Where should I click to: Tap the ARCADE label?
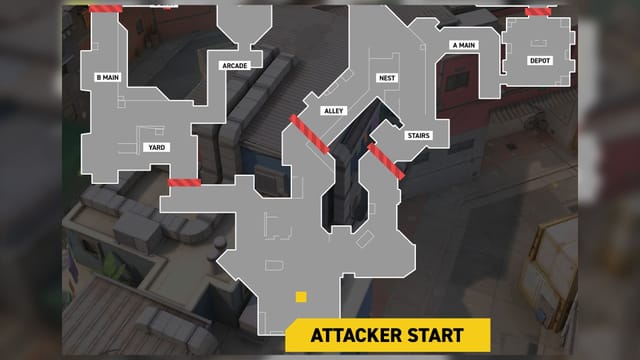coord(234,65)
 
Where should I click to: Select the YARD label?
coord(156,147)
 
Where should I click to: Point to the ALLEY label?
coord(333,109)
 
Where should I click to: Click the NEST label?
coord(387,77)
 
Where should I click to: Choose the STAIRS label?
coord(419,134)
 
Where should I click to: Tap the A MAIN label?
coord(463,45)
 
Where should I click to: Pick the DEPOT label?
coord(540,61)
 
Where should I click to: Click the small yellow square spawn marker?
coord(299,297)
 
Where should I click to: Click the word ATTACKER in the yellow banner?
coord(345,334)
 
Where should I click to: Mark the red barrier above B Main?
coord(106,8)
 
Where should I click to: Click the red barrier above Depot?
coord(539,12)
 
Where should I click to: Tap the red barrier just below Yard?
coord(184,182)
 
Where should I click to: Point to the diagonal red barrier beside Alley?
coord(309,134)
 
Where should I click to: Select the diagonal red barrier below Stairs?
coord(386,161)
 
